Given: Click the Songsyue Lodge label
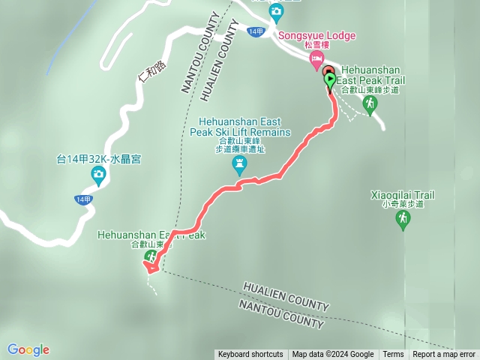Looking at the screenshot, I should (x=316, y=35).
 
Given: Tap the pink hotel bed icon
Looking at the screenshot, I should (x=317, y=58).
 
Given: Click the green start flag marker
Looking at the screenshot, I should (x=330, y=79).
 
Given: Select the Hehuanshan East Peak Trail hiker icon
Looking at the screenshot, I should (x=369, y=104).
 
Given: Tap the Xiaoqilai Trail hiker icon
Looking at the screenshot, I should (x=403, y=219).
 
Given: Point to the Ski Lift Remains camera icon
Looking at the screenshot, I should (x=240, y=166).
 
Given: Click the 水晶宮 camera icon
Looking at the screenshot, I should (x=98, y=175).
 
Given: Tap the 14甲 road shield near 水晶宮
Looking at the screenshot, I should (x=83, y=199).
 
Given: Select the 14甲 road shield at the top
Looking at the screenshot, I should (x=256, y=31).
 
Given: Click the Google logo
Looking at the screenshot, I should (x=28, y=349).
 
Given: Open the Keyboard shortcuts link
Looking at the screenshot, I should (x=250, y=355).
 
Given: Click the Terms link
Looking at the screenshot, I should (x=393, y=355).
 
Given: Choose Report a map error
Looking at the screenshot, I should (x=444, y=355).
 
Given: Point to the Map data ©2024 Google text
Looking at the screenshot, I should (x=333, y=355).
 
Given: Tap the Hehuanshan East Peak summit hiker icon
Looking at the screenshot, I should (x=151, y=257).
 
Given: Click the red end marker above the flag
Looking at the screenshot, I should (x=328, y=70).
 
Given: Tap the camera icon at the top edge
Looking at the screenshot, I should (x=276, y=10).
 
